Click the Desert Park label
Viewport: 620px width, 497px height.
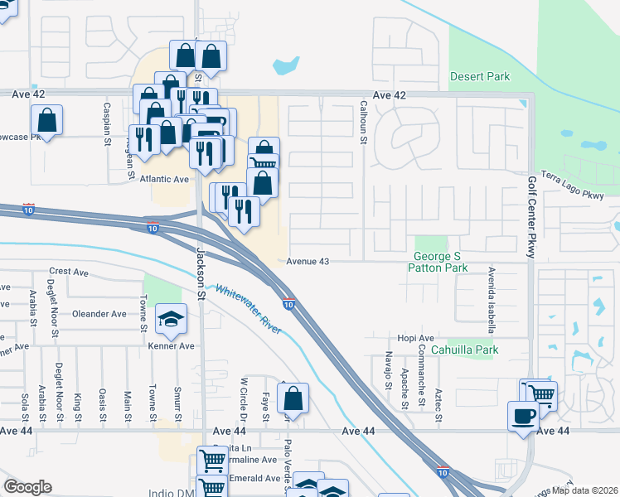click(x=480, y=77)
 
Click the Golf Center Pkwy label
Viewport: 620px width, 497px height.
click(x=531, y=218)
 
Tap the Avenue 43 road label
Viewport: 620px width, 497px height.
click(x=308, y=262)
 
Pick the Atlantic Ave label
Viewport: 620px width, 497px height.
click(x=164, y=179)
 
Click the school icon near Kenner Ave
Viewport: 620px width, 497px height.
click(x=170, y=321)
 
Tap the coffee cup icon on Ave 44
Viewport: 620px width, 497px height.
click(x=523, y=416)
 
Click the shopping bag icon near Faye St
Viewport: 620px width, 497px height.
click(x=293, y=399)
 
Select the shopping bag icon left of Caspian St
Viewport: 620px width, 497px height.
click(x=47, y=122)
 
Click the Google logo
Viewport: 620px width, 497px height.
click(x=27, y=487)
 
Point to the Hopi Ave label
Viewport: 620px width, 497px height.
click(x=415, y=339)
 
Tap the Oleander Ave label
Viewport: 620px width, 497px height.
click(x=99, y=314)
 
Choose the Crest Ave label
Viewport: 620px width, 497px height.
click(x=69, y=272)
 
